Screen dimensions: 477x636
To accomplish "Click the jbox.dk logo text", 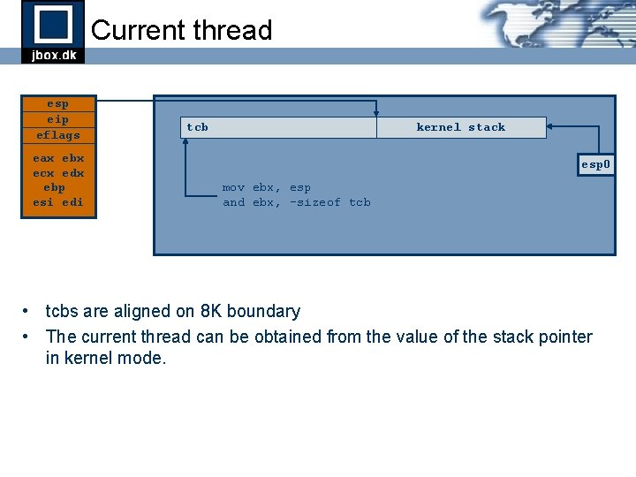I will point(53,55).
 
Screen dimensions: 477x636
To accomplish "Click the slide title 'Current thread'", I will point(181,30).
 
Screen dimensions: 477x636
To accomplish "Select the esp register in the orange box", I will point(57,103).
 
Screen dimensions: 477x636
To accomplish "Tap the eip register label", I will point(57,119).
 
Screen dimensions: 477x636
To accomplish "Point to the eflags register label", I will point(57,135).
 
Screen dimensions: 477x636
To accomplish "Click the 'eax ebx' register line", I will point(57,158).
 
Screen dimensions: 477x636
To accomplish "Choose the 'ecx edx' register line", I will point(57,173).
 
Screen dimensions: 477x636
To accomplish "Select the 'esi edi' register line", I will point(57,202).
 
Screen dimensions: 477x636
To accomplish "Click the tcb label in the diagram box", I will point(197,127).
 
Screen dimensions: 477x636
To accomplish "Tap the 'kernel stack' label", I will point(460,127).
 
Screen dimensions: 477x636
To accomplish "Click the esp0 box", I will point(596,164).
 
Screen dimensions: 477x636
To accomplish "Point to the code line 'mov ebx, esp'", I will point(266,187).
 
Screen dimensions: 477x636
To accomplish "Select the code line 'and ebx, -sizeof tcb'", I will point(296,202).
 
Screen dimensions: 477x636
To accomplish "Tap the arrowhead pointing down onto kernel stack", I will point(376,112).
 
